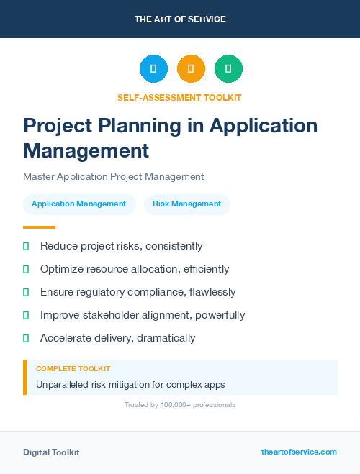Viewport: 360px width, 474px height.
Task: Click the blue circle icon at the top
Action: (153, 69)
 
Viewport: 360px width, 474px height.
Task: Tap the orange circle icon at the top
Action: (191, 69)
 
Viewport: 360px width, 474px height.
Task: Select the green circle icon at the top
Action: (228, 69)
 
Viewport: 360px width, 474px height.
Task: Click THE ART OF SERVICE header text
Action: (180, 19)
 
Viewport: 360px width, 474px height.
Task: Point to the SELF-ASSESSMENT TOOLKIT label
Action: (180, 97)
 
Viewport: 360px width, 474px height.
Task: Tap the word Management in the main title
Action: (86, 150)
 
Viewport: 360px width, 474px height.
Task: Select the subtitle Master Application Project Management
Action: (113, 176)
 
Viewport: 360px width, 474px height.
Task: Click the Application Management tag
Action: (78, 204)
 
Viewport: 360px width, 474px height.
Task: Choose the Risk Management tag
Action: (186, 204)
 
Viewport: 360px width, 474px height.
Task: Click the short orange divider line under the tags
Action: (39, 227)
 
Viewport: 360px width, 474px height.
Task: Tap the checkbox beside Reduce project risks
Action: (26, 246)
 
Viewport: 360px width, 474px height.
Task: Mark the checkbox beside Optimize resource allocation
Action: (26, 269)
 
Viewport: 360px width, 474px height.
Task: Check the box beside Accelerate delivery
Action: (26, 338)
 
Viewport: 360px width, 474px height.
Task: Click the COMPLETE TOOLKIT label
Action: (73, 368)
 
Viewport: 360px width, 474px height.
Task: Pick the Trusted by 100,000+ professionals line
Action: (180, 405)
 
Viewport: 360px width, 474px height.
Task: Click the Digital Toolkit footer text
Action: (51, 452)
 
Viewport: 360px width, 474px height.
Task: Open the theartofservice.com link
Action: (299, 452)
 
